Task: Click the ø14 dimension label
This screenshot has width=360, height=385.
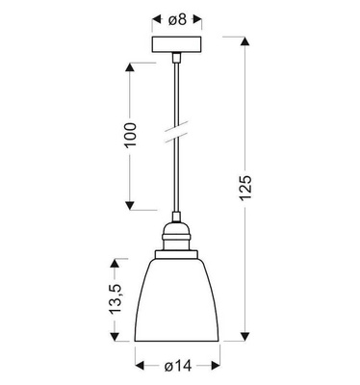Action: coord(179,367)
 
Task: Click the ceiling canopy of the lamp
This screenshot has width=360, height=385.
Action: coord(176,46)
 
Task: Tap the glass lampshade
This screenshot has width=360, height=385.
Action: coord(178,299)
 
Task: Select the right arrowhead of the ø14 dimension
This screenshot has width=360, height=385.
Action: coord(219,367)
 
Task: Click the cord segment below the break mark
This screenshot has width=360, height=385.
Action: coord(177,178)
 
